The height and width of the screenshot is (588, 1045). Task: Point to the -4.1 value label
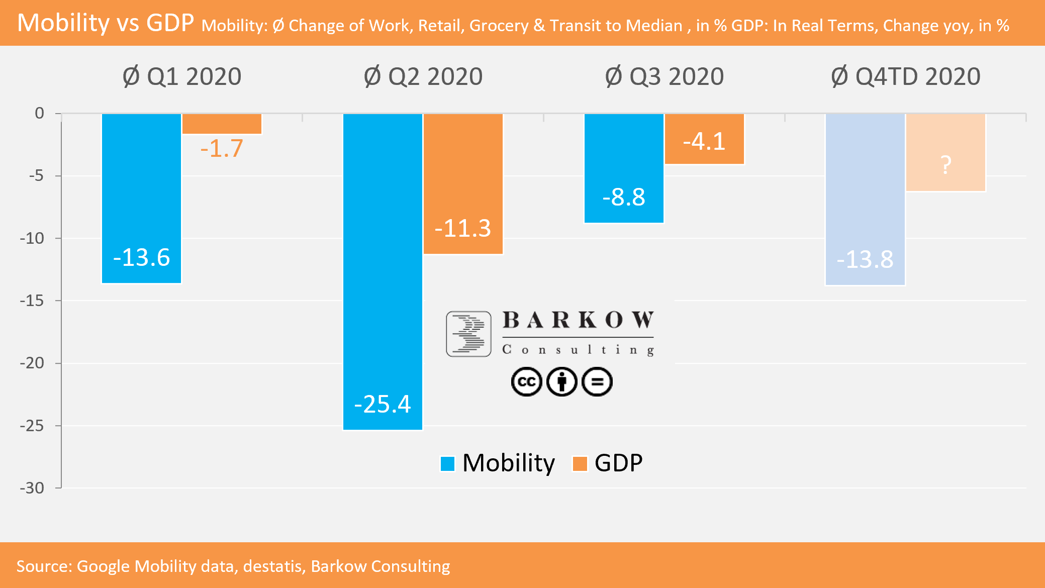(704, 141)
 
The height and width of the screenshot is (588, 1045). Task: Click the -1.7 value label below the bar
(222, 148)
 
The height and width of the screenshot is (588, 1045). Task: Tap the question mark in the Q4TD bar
(945, 165)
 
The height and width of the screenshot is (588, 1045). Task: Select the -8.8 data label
(624, 197)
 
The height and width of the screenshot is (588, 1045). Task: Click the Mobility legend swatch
(447, 463)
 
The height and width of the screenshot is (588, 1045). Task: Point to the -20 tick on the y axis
(32, 363)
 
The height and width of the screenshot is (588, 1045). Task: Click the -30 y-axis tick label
(32, 487)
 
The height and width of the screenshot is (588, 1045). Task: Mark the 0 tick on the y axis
(39, 113)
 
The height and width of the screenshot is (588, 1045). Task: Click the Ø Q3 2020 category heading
(664, 76)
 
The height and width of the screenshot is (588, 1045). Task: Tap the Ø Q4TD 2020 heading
(905, 76)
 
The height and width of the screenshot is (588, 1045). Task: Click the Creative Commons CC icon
(526, 382)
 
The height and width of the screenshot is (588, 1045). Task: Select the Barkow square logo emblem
(468, 334)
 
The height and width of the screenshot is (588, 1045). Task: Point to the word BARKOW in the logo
(578, 320)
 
